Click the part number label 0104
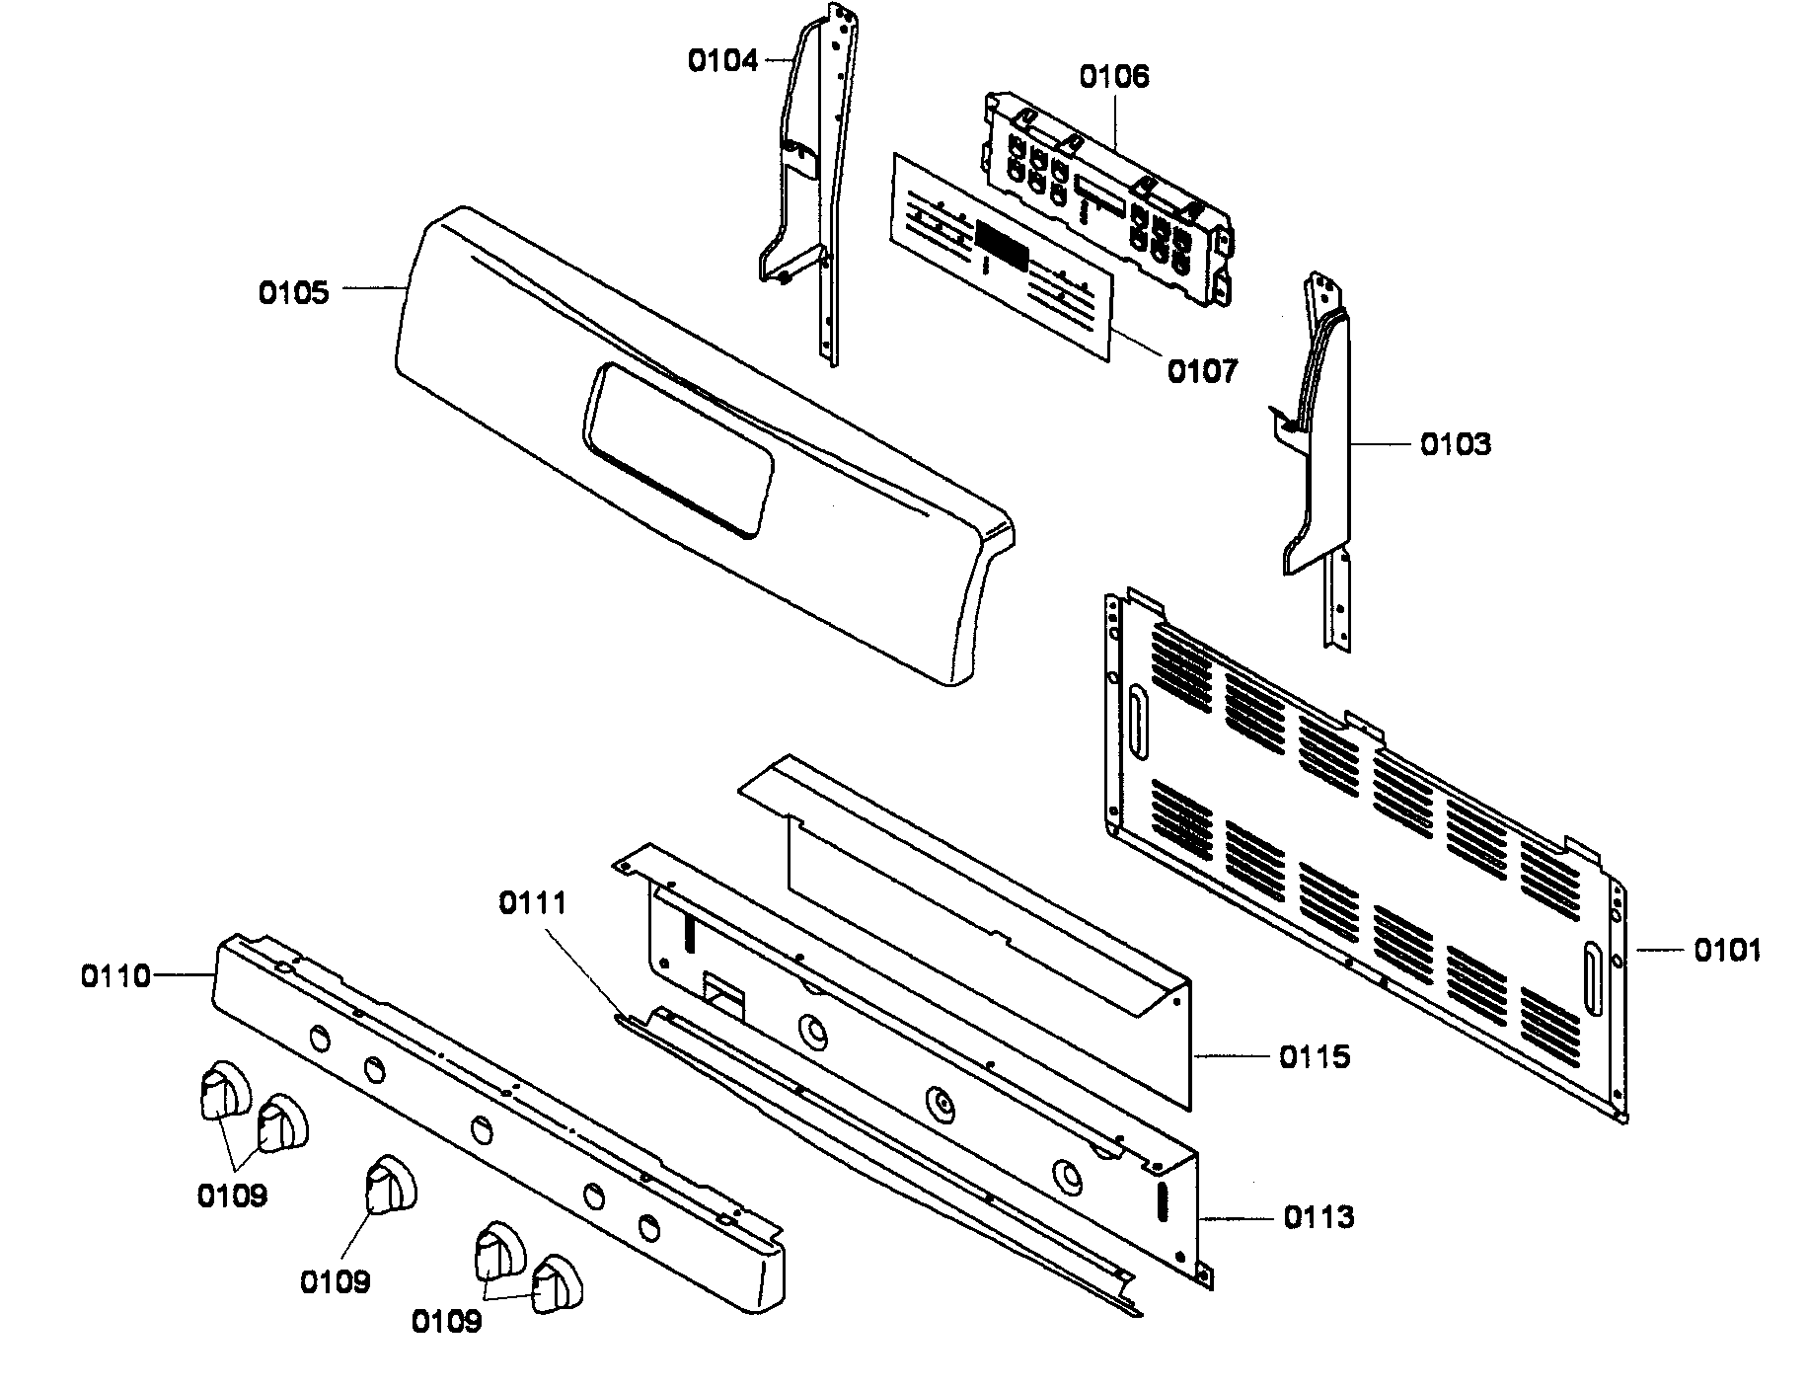coord(722,61)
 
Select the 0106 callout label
coord(1113,76)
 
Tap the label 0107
coord(1201,372)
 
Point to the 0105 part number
coord(293,293)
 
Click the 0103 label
coord(1455,444)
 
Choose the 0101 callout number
coord(1727,951)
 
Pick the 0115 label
coord(1315,1057)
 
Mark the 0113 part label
coord(1318,1217)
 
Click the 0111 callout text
coord(532,902)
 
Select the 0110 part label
coord(115,976)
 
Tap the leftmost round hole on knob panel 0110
coord(320,1038)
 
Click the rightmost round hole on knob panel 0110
coord(647,1228)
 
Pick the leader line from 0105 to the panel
coord(375,288)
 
